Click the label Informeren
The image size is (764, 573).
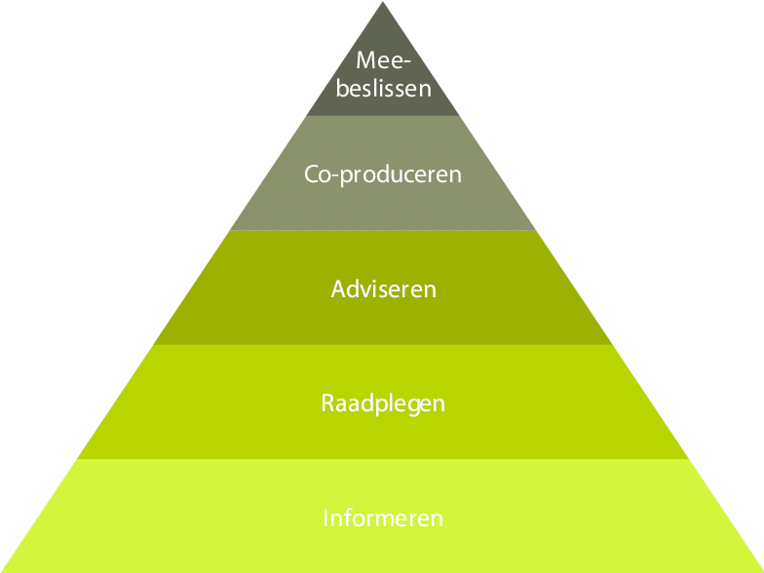coord(383,517)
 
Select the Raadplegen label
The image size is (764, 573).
coord(383,402)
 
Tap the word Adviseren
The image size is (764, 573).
coord(383,289)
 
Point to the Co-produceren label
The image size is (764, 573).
coord(383,175)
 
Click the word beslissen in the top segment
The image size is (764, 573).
coord(383,89)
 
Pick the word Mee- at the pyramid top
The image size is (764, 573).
coord(381,60)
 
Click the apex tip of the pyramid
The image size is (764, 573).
coord(382,3)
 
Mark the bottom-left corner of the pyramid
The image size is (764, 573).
coord(3,571)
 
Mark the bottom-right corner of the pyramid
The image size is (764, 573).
coord(761,571)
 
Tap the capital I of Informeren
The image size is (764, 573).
coord(325,517)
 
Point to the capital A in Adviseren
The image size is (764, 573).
coord(338,289)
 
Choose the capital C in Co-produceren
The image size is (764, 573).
coord(311,175)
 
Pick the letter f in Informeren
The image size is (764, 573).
coord(344,516)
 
